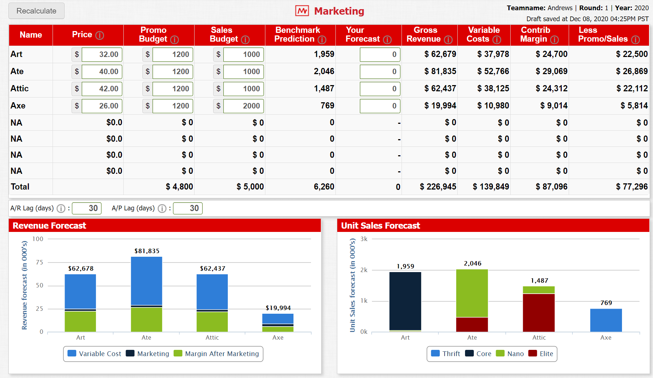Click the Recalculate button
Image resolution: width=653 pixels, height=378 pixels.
click(x=37, y=11)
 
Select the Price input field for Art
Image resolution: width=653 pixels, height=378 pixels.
click(x=102, y=54)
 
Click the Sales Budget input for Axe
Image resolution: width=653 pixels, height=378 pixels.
click(x=243, y=106)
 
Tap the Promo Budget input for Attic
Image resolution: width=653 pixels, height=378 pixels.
click(x=173, y=89)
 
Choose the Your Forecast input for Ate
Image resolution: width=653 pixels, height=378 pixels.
click(x=380, y=72)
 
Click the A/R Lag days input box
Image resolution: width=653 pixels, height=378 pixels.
click(x=87, y=208)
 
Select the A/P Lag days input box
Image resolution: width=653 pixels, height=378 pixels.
click(x=188, y=208)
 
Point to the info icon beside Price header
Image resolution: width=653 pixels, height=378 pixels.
click(x=100, y=35)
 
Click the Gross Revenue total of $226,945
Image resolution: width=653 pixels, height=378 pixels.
click(x=438, y=187)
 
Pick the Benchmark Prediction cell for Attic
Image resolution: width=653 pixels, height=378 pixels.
click(x=324, y=88)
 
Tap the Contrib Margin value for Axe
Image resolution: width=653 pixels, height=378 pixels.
click(x=554, y=106)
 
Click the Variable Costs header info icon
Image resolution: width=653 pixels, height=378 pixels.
click(x=497, y=39)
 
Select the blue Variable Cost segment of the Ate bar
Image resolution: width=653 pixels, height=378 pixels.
click(x=146, y=280)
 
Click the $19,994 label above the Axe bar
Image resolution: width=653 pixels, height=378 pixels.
click(x=278, y=308)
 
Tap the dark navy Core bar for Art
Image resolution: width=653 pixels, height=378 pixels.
click(x=405, y=301)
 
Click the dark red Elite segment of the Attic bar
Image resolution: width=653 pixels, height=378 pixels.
click(x=539, y=313)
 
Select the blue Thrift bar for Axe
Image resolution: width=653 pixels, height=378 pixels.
click(x=606, y=320)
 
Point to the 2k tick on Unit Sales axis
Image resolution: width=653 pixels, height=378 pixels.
click(x=364, y=270)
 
